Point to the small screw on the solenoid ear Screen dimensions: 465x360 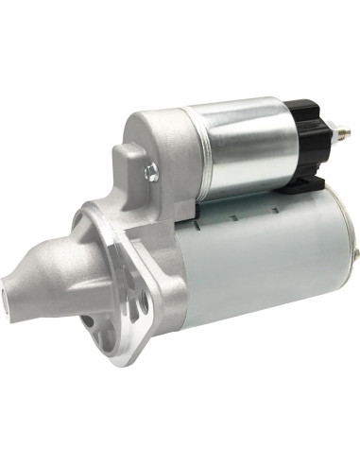[149, 171]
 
